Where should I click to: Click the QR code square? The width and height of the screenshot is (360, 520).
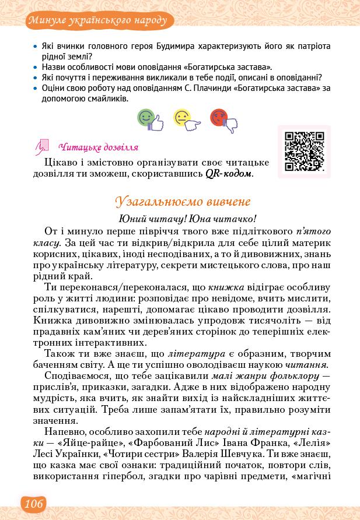pyautogui.click(x=303, y=152)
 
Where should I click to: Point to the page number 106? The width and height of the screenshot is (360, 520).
pyautogui.click(x=33, y=504)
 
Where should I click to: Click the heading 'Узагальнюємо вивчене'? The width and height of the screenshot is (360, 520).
pyautogui.click(x=183, y=201)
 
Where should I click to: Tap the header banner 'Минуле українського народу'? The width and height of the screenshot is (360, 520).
pyautogui.click(x=100, y=20)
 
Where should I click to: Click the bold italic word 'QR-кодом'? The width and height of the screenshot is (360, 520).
pyautogui.click(x=229, y=173)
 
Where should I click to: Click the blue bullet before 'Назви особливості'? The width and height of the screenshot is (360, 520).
pyautogui.click(x=36, y=68)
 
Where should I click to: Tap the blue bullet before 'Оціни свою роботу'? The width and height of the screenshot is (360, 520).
pyautogui.click(x=36, y=89)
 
